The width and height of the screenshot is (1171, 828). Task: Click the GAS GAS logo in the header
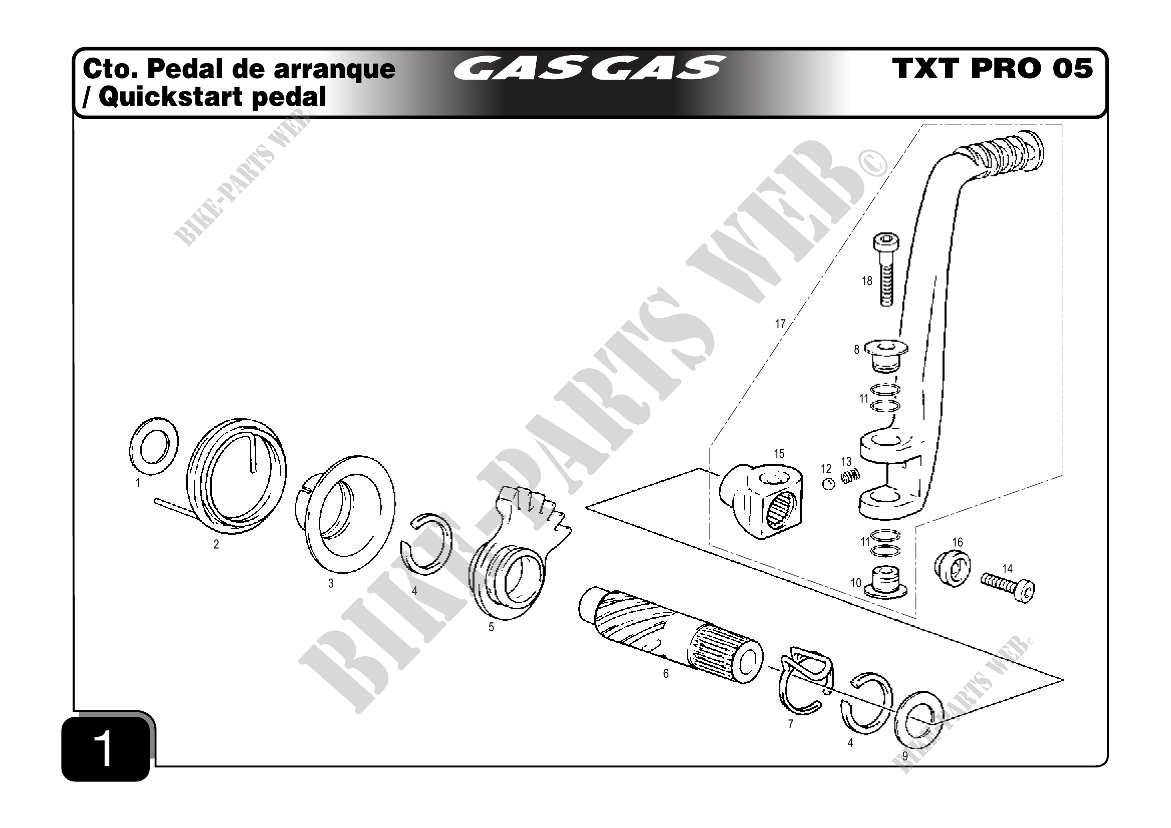pyautogui.click(x=589, y=68)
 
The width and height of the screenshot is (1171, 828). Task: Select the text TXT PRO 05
pyautogui.click(x=993, y=68)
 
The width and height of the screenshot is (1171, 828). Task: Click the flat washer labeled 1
pyautogui.click(x=153, y=445)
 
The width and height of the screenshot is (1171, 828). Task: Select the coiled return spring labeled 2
pyautogui.click(x=236, y=476)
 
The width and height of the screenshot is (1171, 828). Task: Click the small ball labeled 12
pyautogui.click(x=829, y=484)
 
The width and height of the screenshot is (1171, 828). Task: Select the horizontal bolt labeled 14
pyautogui.click(x=1008, y=587)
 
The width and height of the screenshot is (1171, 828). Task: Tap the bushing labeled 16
pyautogui.click(x=952, y=569)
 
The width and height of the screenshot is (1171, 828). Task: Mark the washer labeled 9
pyautogui.click(x=918, y=719)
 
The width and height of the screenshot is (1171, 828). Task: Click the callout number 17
pyautogui.click(x=780, y=324)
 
